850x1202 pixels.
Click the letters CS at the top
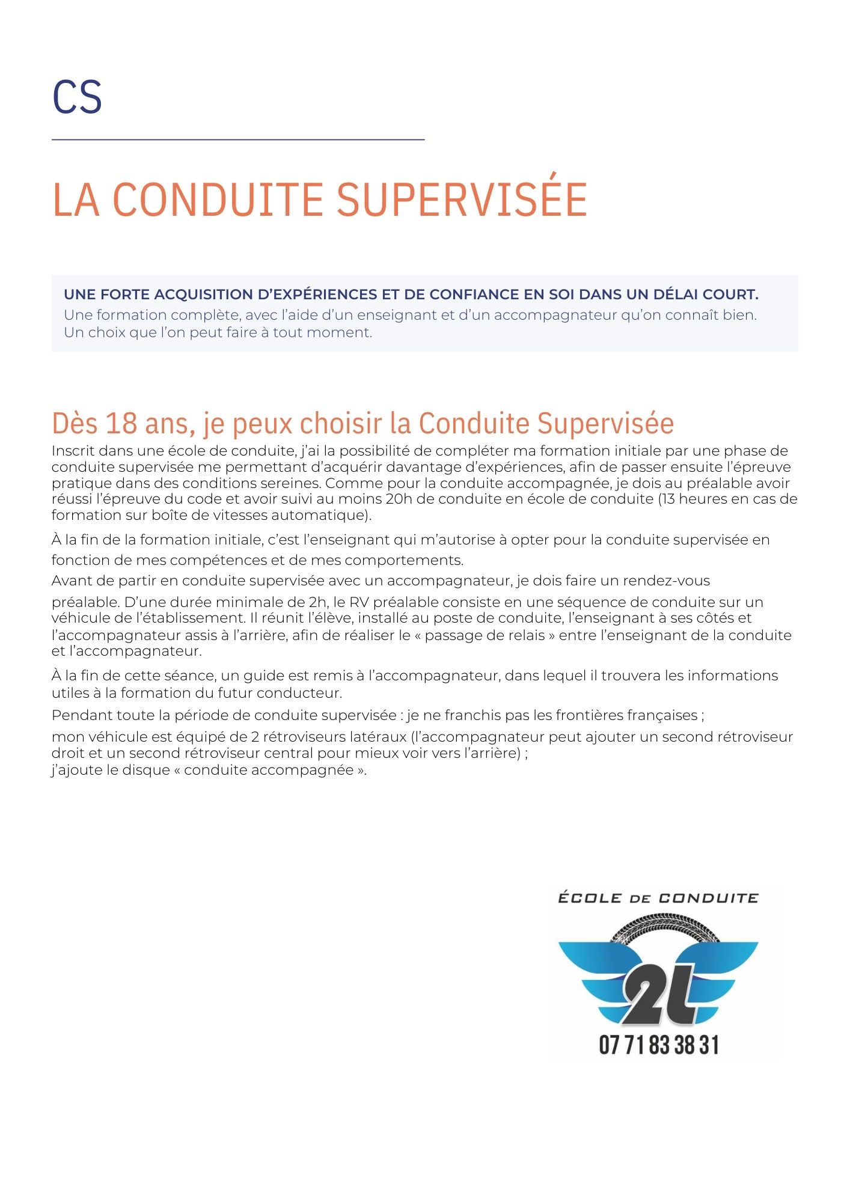tap(77, 97)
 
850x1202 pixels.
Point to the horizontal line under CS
tap(238, 139)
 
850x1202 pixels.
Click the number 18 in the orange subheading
tap(121, 423)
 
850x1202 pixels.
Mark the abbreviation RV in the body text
tap(359, 602)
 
